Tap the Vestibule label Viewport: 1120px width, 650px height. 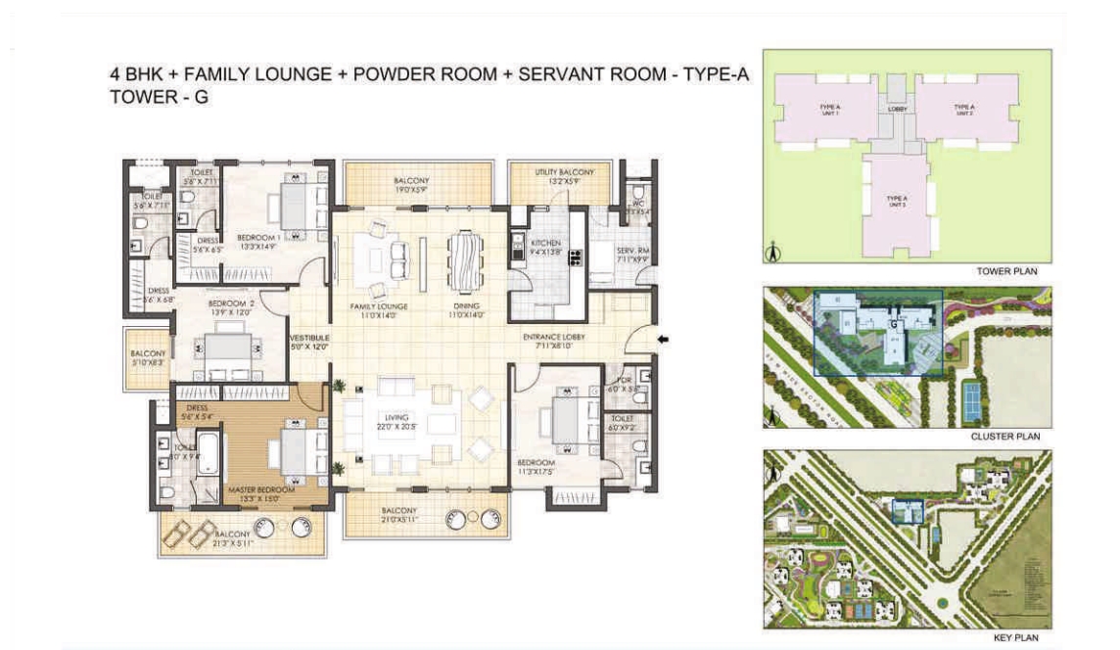point(308,337)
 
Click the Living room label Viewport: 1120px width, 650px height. point(396,418)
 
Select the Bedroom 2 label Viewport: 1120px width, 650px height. point(231,304)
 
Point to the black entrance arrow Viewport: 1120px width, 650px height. point(663,340)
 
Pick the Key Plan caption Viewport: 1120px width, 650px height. point(1013,637)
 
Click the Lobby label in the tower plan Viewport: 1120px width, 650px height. point(898,109)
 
